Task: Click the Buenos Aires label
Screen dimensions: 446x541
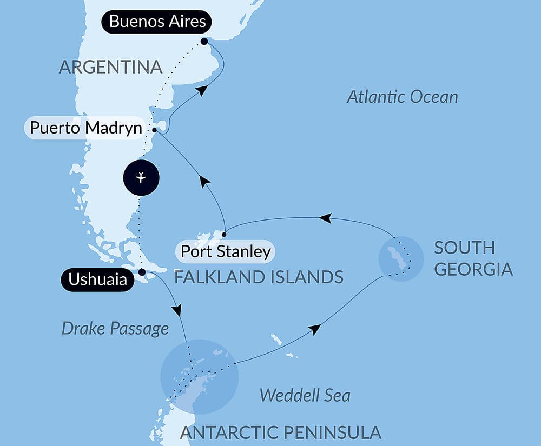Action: [x=157, y=22]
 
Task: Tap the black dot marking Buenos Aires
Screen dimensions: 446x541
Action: [x=204, y=41]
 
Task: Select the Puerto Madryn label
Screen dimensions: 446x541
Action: [x=86, y=128]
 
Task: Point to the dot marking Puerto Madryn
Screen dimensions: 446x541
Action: [x=155, y=130]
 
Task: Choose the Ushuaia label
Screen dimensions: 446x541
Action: [x=97, y=279]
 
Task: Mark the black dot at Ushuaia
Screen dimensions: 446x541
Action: [x=142, y=272]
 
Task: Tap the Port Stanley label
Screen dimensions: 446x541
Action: [x=225, y=251]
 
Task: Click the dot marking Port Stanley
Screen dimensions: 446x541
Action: [x=224, y=234]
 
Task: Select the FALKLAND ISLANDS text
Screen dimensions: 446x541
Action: [x=259, y=277]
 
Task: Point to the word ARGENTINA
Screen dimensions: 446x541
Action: [x=110, y=67]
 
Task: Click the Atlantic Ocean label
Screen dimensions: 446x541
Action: [x=402, y=97]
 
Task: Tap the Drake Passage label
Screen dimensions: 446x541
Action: [x=115, y=328]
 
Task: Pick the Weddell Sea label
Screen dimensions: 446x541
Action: [x=305, y=395]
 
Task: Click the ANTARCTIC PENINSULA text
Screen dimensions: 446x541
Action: [x=280, y=432]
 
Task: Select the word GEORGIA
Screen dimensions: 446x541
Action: [x=473, y=269]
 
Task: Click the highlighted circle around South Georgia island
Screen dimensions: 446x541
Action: [x=401, y=258]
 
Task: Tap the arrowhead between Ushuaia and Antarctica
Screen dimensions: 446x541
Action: [x=176, y=310]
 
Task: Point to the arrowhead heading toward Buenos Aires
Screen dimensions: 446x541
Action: [x=201, y=90]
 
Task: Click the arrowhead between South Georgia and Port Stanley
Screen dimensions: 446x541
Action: [x=325, y=218]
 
